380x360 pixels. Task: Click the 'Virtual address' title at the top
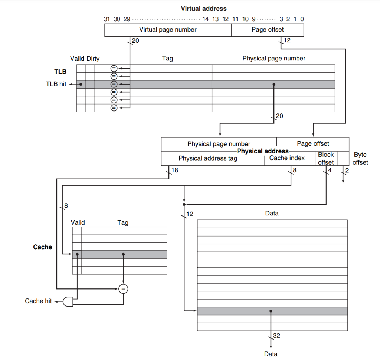click(x=203, y=8)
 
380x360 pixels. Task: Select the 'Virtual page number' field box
click(x=168, y=30)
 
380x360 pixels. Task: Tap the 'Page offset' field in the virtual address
click(x=267, y=30)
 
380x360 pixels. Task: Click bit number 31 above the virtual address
click(x=107, y=19)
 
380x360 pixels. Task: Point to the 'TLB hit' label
click(x=56, y=84)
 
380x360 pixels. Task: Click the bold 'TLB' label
click(x=60, y=72)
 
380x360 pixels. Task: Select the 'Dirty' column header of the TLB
click(x=93, y=59)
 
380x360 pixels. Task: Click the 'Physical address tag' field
click(x=208, y=158)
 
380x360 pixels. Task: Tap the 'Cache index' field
click(x=287, y=158)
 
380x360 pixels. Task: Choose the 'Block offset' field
click(x=326, y=158)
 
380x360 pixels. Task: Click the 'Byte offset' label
click(x=360, y=158)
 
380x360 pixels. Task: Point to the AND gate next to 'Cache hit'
click(x=69, y=301)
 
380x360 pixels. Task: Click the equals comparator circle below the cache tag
click(x=123, y=289)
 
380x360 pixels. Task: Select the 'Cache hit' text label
click(x=38, y=301)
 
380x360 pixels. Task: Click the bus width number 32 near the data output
click(x=276, y=336)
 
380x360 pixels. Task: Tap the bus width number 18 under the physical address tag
click(x=175, y=171)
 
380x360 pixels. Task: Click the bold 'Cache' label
click(x=43, y=247)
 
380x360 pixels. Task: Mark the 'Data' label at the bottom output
click(x=271, y=354)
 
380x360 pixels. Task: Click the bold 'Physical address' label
click(x=263, y=151)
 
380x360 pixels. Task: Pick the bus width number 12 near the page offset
click(x=287, y=40)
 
